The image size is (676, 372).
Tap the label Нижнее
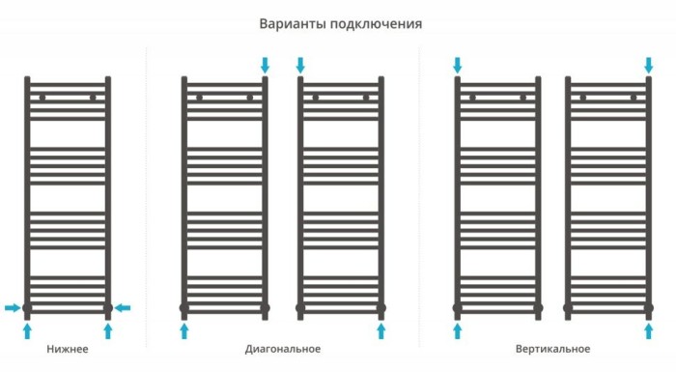[68, 349]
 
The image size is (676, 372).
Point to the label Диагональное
[283, 349]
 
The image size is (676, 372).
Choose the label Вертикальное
[552, 349]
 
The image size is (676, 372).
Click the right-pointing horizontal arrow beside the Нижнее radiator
[12, 308]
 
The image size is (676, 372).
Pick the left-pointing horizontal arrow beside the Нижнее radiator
[123, 308]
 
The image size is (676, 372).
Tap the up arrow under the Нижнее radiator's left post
[27, 331]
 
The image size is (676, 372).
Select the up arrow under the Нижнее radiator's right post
[108, 331]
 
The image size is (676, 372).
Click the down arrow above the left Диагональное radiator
[266, 65]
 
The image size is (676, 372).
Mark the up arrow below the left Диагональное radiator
[184, 331]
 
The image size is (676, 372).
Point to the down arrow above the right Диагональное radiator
[300, 65]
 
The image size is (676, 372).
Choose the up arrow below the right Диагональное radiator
[381, 331]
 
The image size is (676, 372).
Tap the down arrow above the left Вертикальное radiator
[458, 65]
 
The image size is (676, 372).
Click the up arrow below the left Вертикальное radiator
[458, 331]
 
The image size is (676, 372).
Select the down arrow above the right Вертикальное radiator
[648, 65]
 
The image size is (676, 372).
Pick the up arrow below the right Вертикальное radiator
[648, 331]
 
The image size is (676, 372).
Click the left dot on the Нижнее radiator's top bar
[42, 98]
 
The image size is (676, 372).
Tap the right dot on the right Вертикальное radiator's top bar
[634, 98]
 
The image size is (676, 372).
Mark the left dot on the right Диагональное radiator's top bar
[316, 98]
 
